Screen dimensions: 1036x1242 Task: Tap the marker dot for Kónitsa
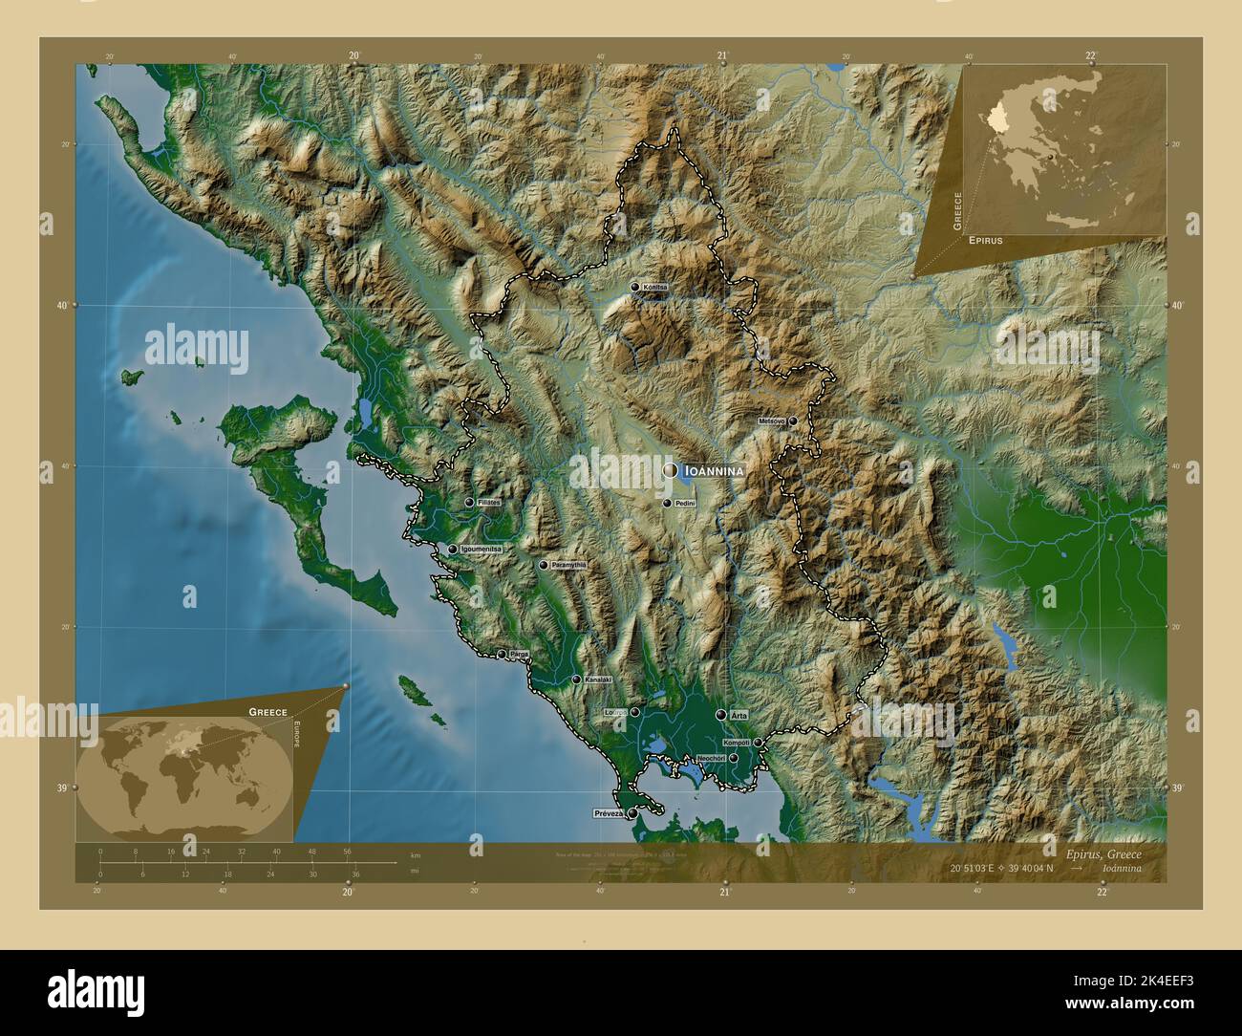point(634,287)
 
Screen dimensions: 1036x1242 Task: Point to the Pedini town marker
point(668,503)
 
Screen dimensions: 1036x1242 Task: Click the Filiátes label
point(489,503)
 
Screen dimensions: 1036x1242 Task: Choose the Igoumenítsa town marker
point(453,550)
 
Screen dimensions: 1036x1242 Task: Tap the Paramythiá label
point(568,566)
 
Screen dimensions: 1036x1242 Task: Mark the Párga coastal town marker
point(502,655)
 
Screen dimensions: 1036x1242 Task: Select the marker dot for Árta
point(720,714)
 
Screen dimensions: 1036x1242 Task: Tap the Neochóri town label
point(713,758)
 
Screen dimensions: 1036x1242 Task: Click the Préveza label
point(608,813)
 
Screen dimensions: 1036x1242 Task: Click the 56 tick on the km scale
point(347,851)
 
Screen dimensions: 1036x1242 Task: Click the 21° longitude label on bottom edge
point(725,893)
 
